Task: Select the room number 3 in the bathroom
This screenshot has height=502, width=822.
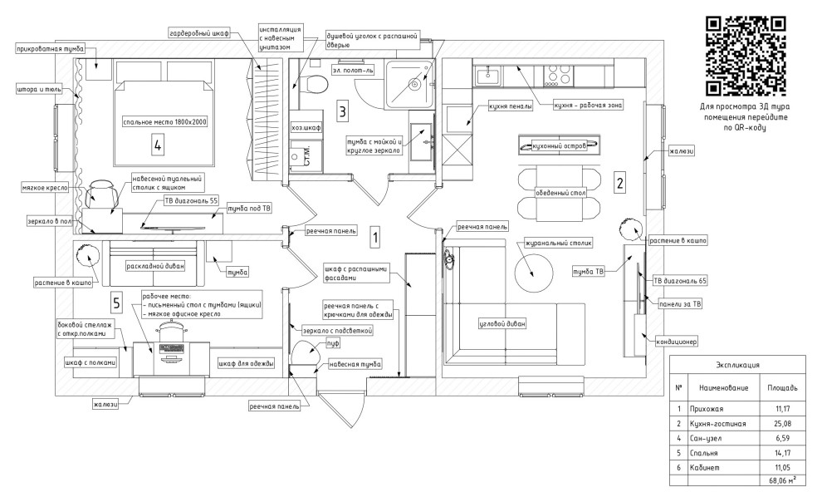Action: click(342, 110)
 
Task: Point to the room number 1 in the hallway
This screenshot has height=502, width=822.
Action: click(375, 237)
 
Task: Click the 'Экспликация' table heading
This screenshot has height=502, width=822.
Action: click(738, 365)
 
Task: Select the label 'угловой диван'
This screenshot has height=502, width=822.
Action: click(504, 323)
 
